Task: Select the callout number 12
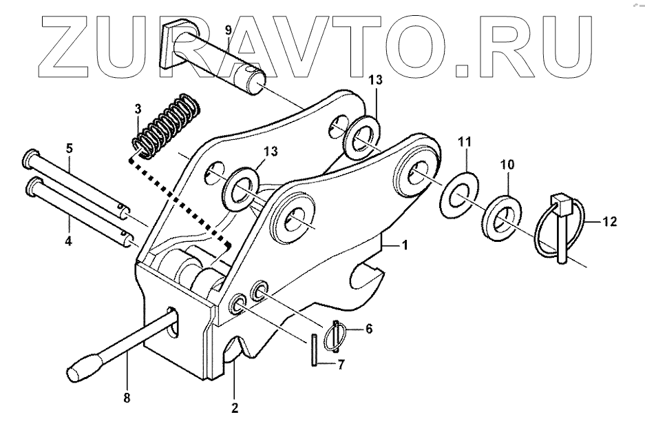pyautogui.click(x=609, y=222)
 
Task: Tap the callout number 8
pyautogui.click(x=127, y=398)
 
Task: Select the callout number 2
pyautogui.click(x=235, y=407)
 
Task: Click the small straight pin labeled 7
pyautogui.click(x=313, y=349)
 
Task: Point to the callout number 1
pyautogui.click(x=405, y=246)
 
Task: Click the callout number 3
pyautogui.click(x=137, y=108)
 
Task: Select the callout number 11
pyautogui.click(x=465, y=142)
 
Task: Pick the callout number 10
pyautogui.click(x=507, y=165)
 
